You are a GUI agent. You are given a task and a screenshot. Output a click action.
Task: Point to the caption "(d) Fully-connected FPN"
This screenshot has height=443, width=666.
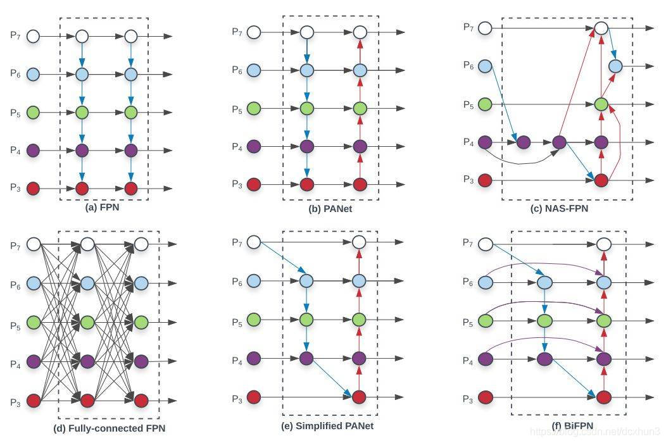(109, 428)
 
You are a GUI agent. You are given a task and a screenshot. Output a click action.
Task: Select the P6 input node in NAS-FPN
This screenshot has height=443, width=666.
(486, 65)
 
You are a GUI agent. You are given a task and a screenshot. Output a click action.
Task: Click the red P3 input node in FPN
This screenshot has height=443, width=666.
(33, 189)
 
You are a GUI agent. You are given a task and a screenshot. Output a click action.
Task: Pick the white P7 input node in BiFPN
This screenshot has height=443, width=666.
(486, 243)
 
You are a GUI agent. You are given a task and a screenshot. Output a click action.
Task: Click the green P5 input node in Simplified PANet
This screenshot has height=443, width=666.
(254, 320)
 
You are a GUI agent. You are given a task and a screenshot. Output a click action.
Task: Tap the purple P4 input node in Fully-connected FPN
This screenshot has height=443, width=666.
(33, 361)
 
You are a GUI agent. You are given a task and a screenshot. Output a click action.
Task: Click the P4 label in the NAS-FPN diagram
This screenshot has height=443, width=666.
(467, 142)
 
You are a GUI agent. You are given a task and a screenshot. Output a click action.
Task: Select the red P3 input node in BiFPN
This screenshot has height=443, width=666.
(486, 397)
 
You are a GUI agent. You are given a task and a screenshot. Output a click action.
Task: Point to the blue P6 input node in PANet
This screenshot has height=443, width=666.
(254, 70)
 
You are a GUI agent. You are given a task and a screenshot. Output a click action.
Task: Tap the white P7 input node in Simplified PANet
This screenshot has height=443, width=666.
(254, 242)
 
